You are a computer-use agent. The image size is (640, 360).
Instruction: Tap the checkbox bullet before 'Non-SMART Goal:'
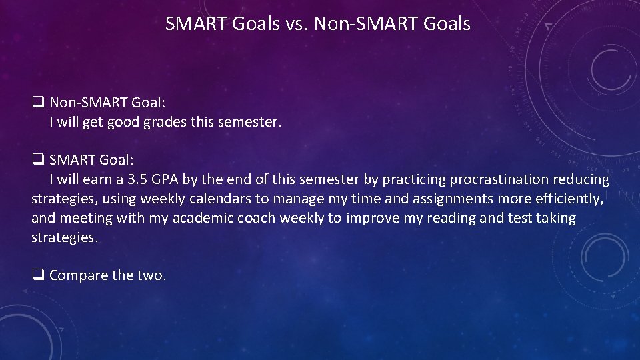pos(38,103)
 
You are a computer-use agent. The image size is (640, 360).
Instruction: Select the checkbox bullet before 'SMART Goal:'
pos(38,160)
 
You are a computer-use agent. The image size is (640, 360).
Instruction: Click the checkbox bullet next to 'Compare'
pos(38,275)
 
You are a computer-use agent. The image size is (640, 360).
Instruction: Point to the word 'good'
pos(125,123)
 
